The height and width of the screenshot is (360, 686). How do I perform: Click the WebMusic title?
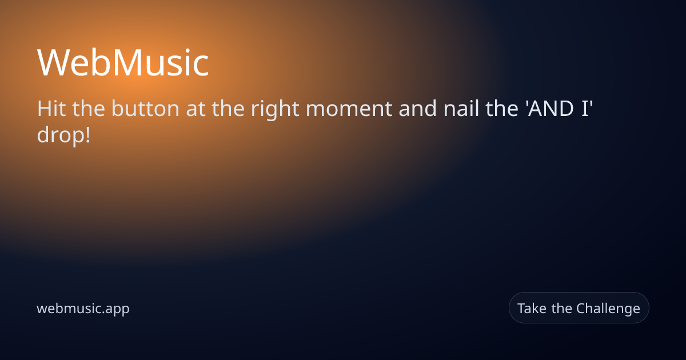(123, 63)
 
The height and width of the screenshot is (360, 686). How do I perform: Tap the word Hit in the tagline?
(51, 109)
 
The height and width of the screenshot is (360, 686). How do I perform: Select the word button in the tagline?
(145, 109)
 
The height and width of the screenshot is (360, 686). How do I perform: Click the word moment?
(349, 109)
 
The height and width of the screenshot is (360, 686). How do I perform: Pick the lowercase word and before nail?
(418, 109)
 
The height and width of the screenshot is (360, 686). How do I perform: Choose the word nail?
(461, 109)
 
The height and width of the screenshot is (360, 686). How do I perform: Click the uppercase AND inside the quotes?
(551, 109)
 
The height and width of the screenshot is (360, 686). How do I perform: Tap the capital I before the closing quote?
(585, 109)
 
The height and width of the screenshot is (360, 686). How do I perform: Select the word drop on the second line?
(61, 135)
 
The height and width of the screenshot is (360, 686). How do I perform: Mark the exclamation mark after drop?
(88, 135)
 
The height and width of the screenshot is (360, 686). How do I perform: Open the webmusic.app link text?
(83, 309)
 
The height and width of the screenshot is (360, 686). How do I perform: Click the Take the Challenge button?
(579, 307)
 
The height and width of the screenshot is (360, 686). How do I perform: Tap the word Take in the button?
(532, 308)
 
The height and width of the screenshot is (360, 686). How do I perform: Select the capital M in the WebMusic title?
(129, 63)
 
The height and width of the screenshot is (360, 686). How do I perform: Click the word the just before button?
(89, 109)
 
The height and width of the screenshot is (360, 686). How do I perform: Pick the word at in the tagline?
(196, 109)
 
